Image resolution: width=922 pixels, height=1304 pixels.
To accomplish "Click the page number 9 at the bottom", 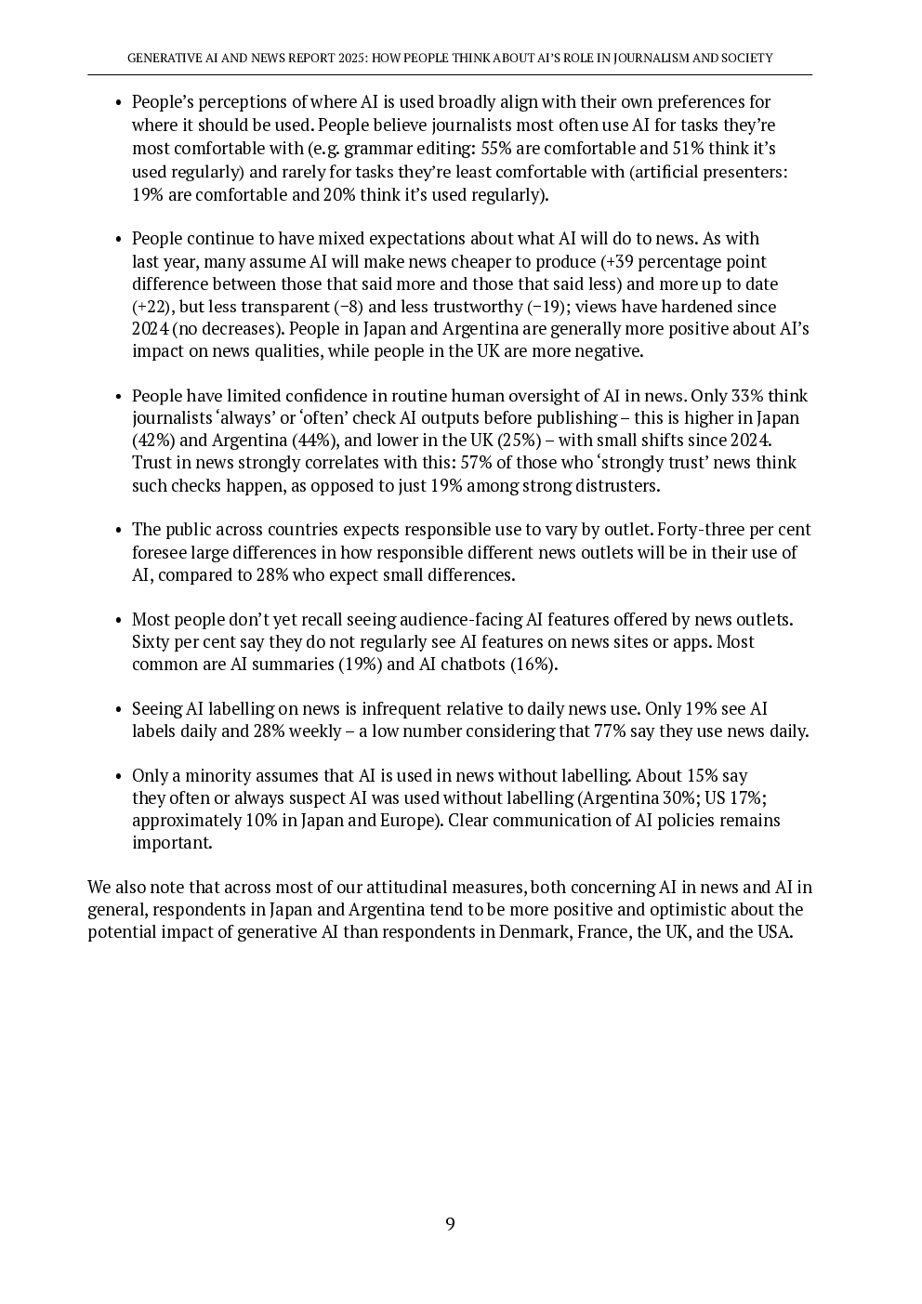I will [450, 1224].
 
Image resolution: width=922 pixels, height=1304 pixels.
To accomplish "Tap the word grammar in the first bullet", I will [376, 148].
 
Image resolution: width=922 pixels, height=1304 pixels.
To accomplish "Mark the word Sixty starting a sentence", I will [151, 642].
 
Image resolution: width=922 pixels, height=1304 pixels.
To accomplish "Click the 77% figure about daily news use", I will [611, 731].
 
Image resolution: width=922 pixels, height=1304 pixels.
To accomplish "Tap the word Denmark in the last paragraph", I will [533, 932].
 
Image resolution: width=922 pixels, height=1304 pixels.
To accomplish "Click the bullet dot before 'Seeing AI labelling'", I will [118, 710].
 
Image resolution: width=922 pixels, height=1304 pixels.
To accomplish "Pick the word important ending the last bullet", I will [172, 843].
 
